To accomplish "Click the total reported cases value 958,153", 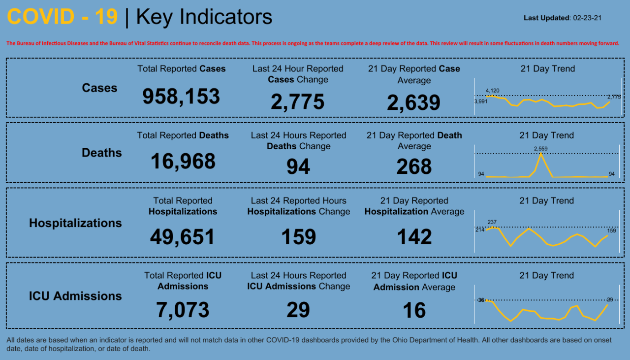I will tap(181, 97).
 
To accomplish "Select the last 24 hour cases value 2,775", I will tap(297, 102).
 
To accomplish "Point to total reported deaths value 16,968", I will tap(183, 161).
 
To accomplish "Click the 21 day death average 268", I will tap(414, 167).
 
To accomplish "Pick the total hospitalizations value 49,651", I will tap(183, 237).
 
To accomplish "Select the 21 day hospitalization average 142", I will tap(414, 237).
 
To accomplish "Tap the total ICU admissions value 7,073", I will tap(183, 310).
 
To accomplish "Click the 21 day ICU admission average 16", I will tap(414, 310).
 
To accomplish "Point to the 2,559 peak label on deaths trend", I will tap(541, 148).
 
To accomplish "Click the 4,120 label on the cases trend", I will tap(492, 91).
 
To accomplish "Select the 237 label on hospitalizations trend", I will tap(492, 222).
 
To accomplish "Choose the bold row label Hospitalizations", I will tap(75, 223).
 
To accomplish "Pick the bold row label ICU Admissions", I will tap(75, 296).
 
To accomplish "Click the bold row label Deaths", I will tap(101, 153).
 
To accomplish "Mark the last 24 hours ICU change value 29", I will tap(298, 310).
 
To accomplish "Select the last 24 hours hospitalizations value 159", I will tap(298, 237).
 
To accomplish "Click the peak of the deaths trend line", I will tap(541, 154).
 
